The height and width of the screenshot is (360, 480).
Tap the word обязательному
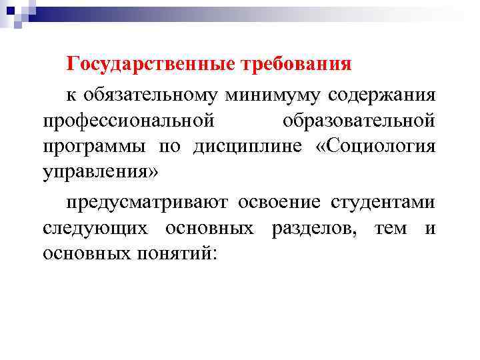152,95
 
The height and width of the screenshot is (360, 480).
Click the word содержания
382,95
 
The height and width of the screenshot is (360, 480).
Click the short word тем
390,228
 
